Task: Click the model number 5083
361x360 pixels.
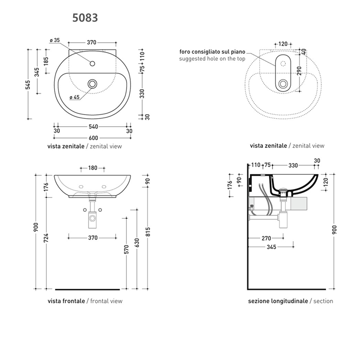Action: [85, 18]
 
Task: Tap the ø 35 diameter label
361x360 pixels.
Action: [55, 40]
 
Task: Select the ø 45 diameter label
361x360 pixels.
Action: [75, 97]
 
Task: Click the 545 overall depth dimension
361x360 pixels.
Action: [28, 85]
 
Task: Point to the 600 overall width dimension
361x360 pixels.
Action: [93, 138]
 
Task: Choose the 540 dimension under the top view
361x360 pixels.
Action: [93, 127]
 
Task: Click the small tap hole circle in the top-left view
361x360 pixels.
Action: [92, 64]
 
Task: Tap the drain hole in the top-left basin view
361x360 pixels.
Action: [92, 84]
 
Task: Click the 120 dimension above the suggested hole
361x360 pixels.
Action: [283, 44]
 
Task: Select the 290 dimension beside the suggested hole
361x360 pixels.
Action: [299, 71]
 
